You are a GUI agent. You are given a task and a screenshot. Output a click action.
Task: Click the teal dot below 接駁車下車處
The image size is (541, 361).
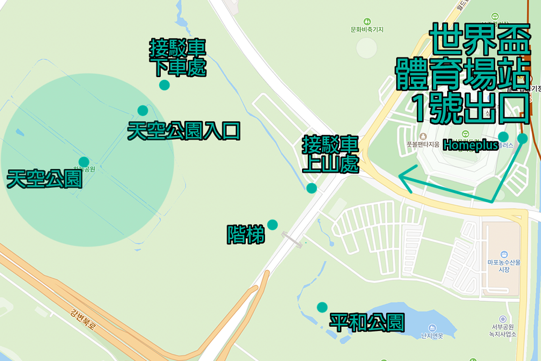pyautogui.click(x=165, y=85)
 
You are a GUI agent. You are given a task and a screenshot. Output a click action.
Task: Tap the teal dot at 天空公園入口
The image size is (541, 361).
pyautogui.click(x=142, y=110)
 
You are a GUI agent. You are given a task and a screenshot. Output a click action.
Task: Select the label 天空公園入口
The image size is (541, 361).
pyautogui.click(x=183, y=131)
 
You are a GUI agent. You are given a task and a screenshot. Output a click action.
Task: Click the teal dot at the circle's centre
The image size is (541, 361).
pyautogui.click(x=84, y=162)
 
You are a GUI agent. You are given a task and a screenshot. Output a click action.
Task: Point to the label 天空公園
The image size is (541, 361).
pyautogui.click(x=44, y=179)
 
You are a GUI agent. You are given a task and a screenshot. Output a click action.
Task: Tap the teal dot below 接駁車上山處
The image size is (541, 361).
pyautogui.click(x=312, y=188)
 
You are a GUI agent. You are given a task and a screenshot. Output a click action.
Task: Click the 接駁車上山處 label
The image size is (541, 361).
pyautogui.click(x=330, y=155)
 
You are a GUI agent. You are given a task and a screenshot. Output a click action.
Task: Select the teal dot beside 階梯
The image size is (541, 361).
pyautogui.click(x=272, y=224)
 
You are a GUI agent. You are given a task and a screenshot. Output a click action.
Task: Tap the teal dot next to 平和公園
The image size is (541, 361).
pyautogui.click(x=322, y=307)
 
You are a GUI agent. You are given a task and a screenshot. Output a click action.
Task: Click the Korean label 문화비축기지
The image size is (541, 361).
pyautogui.click(x=367, y=30)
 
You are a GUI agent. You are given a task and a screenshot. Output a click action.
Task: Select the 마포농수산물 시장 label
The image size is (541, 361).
pyautogui.click(x=504, y=266)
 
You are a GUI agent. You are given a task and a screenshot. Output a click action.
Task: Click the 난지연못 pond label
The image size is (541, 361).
pyautogui.click(x=432, y=336)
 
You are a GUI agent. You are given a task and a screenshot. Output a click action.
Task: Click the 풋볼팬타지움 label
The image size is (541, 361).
pyautogui.click(x=423, y=145)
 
